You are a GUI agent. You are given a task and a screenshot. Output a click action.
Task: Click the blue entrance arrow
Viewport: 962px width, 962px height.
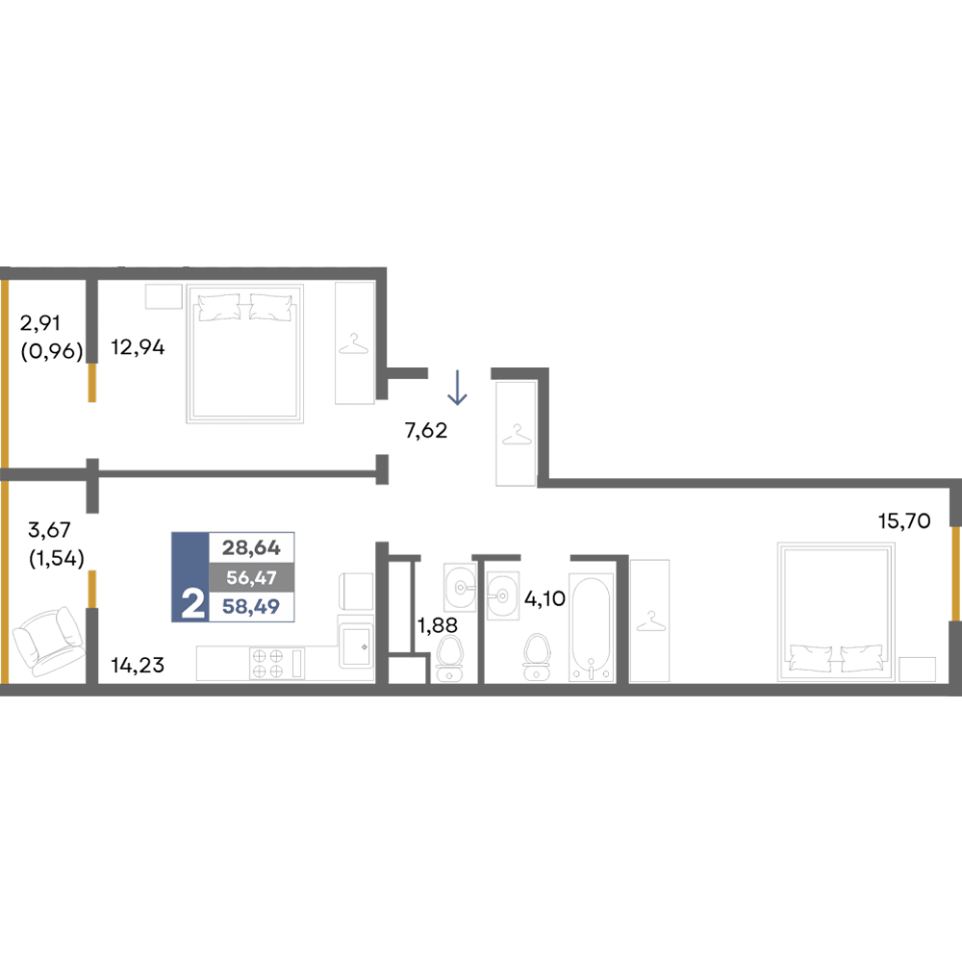457,387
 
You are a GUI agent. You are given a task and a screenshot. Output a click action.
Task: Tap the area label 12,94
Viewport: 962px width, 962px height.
138,348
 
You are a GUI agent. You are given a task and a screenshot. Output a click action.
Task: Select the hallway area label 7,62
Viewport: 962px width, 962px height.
426,431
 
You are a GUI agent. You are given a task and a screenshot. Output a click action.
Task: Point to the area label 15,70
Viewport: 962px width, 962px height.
903,520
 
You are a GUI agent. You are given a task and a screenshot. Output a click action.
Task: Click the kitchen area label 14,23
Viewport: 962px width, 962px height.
138,665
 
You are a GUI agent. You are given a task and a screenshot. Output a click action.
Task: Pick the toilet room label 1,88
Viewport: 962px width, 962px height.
438,625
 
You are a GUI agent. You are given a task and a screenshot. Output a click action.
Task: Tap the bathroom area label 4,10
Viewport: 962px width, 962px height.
544,598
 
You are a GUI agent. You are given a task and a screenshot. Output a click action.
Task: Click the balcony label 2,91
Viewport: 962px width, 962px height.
39,322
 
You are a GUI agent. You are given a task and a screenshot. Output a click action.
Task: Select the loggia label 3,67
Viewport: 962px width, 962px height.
49,529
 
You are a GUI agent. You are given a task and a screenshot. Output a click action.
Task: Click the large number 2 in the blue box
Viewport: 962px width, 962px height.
192,604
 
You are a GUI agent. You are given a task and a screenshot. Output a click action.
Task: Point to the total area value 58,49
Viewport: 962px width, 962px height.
251,607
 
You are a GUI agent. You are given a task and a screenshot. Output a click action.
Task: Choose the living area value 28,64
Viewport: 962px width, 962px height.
251,547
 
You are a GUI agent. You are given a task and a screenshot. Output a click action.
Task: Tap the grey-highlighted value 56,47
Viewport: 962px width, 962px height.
251,577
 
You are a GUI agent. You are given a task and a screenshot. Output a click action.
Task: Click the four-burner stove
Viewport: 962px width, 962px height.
268,664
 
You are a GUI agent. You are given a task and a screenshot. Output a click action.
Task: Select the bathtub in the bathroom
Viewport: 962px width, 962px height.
591,627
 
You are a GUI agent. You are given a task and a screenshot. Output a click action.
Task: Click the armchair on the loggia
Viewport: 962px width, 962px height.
48,641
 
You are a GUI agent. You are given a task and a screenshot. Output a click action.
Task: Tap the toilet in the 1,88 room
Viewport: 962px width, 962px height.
449,658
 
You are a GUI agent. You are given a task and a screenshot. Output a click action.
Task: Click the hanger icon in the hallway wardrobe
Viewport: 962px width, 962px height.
517,435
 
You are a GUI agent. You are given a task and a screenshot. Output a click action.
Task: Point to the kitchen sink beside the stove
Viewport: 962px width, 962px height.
356,646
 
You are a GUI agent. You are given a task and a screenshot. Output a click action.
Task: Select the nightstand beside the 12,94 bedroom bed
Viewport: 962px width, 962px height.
164,296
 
